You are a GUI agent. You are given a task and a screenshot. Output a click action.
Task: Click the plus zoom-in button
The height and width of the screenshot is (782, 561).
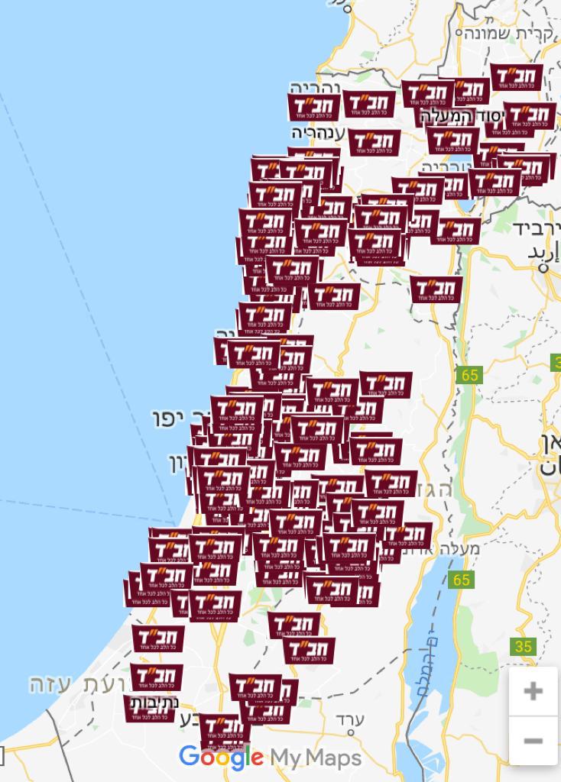[533, 691]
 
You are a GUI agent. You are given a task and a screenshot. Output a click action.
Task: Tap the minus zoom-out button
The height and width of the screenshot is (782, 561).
[533, 741]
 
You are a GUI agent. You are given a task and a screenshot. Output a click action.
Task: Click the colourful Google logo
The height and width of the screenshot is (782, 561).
[221, 757]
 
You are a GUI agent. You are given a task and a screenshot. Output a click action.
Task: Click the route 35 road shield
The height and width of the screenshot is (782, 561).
[523, 647]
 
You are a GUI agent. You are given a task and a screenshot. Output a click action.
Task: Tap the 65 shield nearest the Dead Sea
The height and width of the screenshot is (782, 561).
[461, 580]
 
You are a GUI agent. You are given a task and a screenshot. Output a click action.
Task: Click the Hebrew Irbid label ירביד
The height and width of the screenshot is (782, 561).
[537, 228]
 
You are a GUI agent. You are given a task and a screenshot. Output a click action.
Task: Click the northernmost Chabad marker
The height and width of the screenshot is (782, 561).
[517, 78]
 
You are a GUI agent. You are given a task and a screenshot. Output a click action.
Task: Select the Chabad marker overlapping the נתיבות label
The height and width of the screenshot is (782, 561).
[149, 708]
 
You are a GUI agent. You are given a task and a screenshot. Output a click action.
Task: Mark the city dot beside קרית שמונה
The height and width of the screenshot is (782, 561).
[460, 33]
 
